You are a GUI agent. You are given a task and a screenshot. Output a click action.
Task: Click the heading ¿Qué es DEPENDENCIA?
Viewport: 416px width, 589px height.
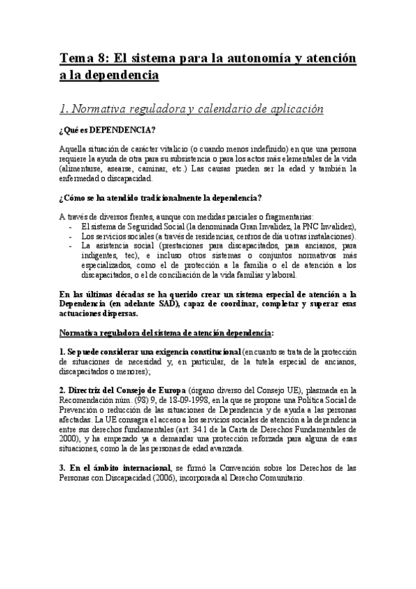click(107, 131)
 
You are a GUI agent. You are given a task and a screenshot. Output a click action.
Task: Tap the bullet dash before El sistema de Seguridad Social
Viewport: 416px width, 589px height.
click(72, 227)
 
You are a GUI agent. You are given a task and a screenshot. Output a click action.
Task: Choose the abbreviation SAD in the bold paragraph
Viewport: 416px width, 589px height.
click(174, 303)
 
